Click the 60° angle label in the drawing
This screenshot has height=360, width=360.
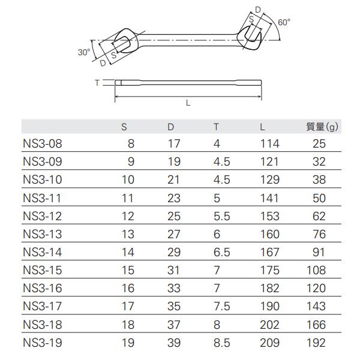click(284, 22)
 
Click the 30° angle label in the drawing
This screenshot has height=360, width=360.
click(83, 52)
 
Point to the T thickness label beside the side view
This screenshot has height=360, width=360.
click(97, 83)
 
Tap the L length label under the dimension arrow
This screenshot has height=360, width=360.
click(188, 103)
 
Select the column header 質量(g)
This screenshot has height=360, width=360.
click(322, 127)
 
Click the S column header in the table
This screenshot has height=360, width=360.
click(124, 127)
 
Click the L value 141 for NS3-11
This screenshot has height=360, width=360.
click(270, 198)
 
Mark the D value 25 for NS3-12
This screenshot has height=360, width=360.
click(173, 216)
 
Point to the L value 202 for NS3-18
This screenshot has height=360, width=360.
click(270, 325)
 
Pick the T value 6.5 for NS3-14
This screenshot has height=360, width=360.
click(221, 252)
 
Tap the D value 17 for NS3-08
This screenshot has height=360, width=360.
click(173, 144)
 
